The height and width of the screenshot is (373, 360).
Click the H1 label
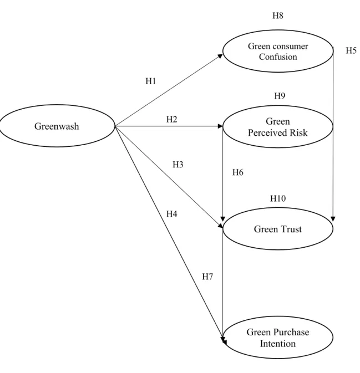(x=151, y=81)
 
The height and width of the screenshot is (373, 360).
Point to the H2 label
(x=171, y=119)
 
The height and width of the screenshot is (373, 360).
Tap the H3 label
(x=178, y=165)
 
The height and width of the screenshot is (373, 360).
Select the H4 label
(x=171, y=214)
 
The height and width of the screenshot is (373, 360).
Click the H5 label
(x=351, y=50)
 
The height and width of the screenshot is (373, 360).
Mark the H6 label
(x=238, y=172)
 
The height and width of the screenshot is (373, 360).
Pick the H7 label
(x=207, y=277)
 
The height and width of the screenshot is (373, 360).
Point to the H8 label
(x=278, y=16)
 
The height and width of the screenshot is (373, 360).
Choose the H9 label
(x=280, y=96)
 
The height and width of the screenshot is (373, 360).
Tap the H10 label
(x=278, y=198)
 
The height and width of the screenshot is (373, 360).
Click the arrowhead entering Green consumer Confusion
(x=220, y=56)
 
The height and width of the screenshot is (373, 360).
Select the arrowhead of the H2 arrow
(x=220, y=126)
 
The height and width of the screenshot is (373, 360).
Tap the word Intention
(x=278, y=344)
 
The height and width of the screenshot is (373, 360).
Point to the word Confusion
(x=278, y=57)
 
